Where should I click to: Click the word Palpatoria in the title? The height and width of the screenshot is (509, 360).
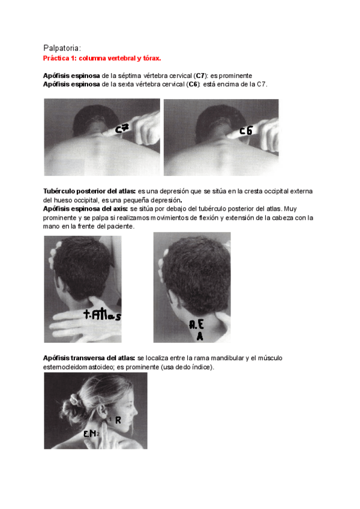[x=61, y=49]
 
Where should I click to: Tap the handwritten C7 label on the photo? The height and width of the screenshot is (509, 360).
[x=122, y=128]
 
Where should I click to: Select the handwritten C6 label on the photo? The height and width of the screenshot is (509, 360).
[x=246, y=130]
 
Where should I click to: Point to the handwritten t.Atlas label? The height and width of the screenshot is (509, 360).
[x=102, y=315]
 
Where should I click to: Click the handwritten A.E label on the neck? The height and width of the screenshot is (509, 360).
[x=196, y=324]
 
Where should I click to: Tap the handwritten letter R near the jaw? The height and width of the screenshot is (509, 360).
[x=118, y=420]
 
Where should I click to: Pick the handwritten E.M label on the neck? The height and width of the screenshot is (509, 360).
[x=89, y=433]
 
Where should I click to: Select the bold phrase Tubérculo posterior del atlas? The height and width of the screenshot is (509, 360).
[x=89, y=191]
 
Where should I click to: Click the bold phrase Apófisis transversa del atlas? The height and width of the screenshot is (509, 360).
[x=89, y=358]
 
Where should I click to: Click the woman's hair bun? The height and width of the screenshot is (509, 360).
[x=69, y=409]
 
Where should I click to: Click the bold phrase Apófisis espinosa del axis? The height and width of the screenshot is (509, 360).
[x=85, y=209]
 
